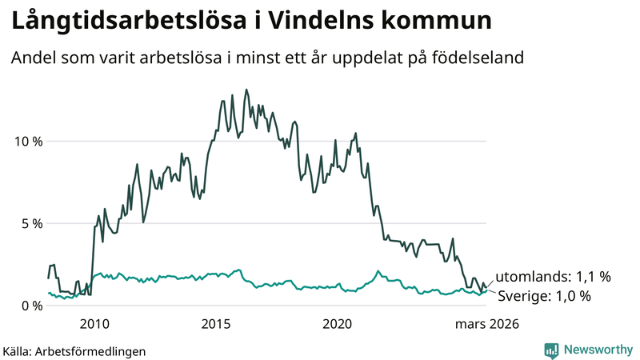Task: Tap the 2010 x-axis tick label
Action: point(94,324)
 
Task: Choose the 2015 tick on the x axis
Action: point(216,324)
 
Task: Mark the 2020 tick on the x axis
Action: point(338,324)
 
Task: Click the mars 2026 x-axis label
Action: point(487,324)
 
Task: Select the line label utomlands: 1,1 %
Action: point(553,277)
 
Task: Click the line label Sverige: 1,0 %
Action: point(544,296)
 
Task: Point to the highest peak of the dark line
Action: point(246,90)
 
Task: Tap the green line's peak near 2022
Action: point(378,271)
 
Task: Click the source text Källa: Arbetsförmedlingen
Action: point(74,350)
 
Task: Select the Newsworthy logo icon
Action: point(551,350)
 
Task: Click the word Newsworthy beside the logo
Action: point(597,350)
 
